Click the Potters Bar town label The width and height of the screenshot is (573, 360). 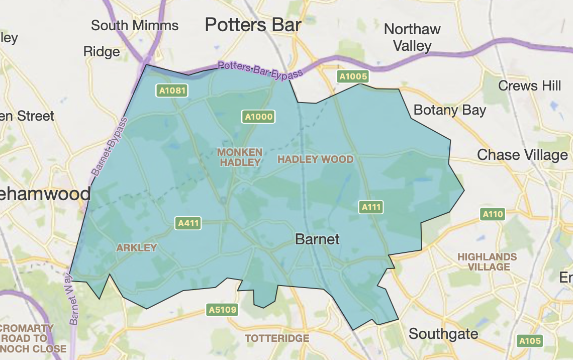253,24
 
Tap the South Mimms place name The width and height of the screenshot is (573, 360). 135,25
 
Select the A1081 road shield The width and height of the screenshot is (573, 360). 172,91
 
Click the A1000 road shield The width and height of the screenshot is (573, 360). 258,117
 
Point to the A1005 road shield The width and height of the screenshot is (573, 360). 353,76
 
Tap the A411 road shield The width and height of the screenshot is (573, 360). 188,223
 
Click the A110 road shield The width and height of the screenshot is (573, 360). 492,215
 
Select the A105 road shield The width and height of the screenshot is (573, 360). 530,341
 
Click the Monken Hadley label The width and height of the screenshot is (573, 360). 240,157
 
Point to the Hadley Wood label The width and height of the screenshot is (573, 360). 316,159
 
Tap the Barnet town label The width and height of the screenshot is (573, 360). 317,239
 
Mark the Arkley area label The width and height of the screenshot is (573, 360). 137,248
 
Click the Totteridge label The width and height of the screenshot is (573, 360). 277,338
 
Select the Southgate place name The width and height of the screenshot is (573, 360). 443,333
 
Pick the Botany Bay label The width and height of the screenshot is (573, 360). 449,110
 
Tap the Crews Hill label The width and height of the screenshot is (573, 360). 529,85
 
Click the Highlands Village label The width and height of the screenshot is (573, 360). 487,262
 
